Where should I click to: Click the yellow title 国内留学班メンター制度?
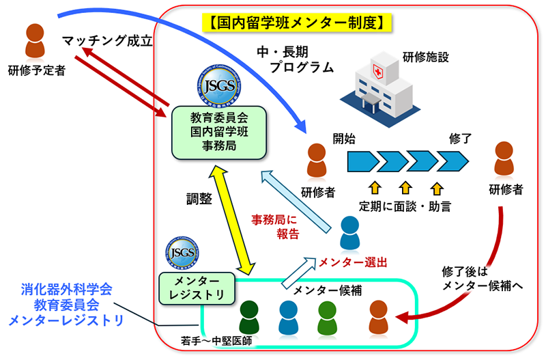pyautogui.click(x=298, y=23)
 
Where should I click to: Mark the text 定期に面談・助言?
pyautogui.click(x=405, y=205)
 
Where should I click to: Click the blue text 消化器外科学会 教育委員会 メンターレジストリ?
pyautogui.click(x=66, y=305)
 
